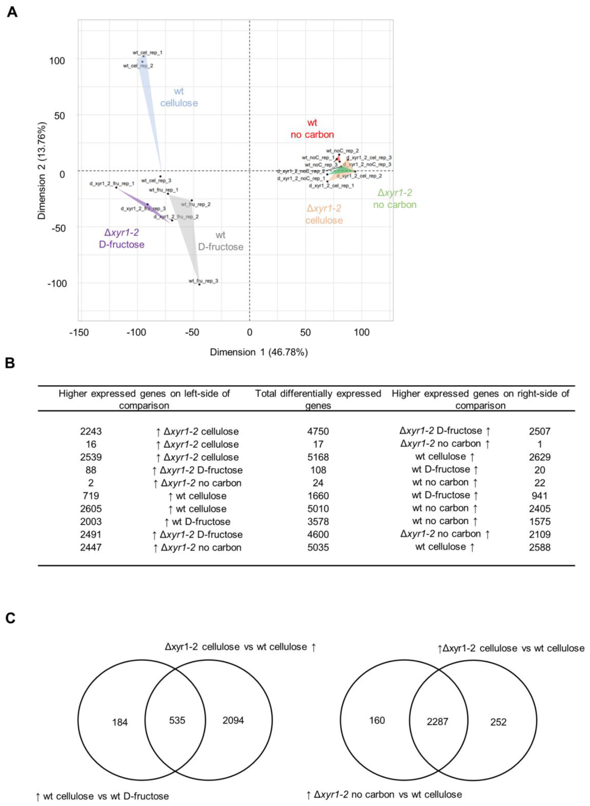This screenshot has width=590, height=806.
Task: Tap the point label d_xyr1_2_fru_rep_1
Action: click(x=112, y=184)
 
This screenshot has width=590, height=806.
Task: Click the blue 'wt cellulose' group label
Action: click(x=179, y=97)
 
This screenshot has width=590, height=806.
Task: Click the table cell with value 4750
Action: click(x=318, y=431)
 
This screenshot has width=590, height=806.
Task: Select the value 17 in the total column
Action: click(x=318, y=444)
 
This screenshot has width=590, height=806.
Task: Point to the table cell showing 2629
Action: click(x=539, y=457)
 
